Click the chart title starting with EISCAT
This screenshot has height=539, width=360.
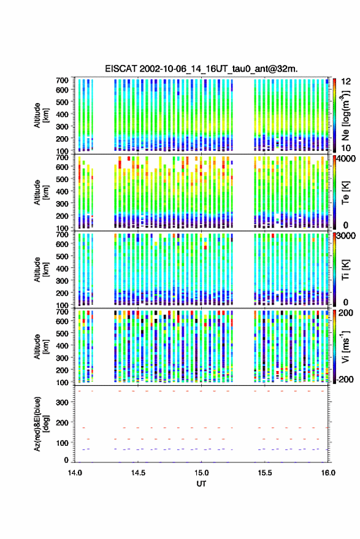coord(201,69)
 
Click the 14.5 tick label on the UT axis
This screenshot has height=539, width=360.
coord(138,473)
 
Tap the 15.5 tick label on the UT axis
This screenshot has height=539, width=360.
coord(264,473)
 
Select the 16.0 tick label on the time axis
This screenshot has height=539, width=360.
coord(328,473)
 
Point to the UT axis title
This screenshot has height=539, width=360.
coord(201,484)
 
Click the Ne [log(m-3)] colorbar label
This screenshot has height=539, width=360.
coord(345,115)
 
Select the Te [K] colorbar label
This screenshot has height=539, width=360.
coord(345,193)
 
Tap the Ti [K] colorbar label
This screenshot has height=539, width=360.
coord(345,270)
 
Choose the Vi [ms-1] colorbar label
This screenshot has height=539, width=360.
coord(345,346)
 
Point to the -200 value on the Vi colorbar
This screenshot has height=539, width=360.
coord(345,380)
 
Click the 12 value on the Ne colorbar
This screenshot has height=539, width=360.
coord(347,82)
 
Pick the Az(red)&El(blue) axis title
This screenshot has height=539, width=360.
coord(40,424)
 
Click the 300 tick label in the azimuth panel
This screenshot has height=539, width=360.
coord(62,402)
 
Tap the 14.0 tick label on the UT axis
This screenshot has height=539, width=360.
coord(75,473)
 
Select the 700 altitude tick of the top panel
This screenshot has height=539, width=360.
coord(62,80)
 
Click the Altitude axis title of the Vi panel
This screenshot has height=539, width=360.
coord(40,347)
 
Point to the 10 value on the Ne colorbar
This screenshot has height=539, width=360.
coord(347,148)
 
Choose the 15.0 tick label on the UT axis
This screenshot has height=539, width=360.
coord(201,473)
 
